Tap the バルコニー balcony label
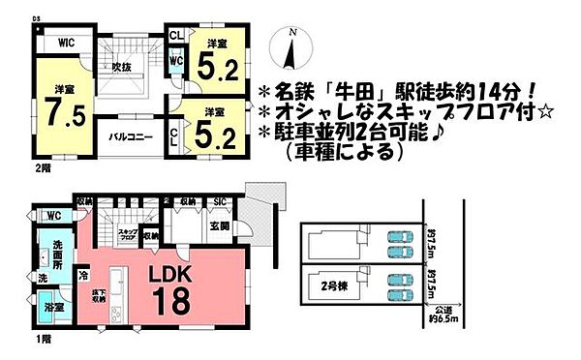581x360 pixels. point(132,138)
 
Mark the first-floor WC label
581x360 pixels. point(53,215)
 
